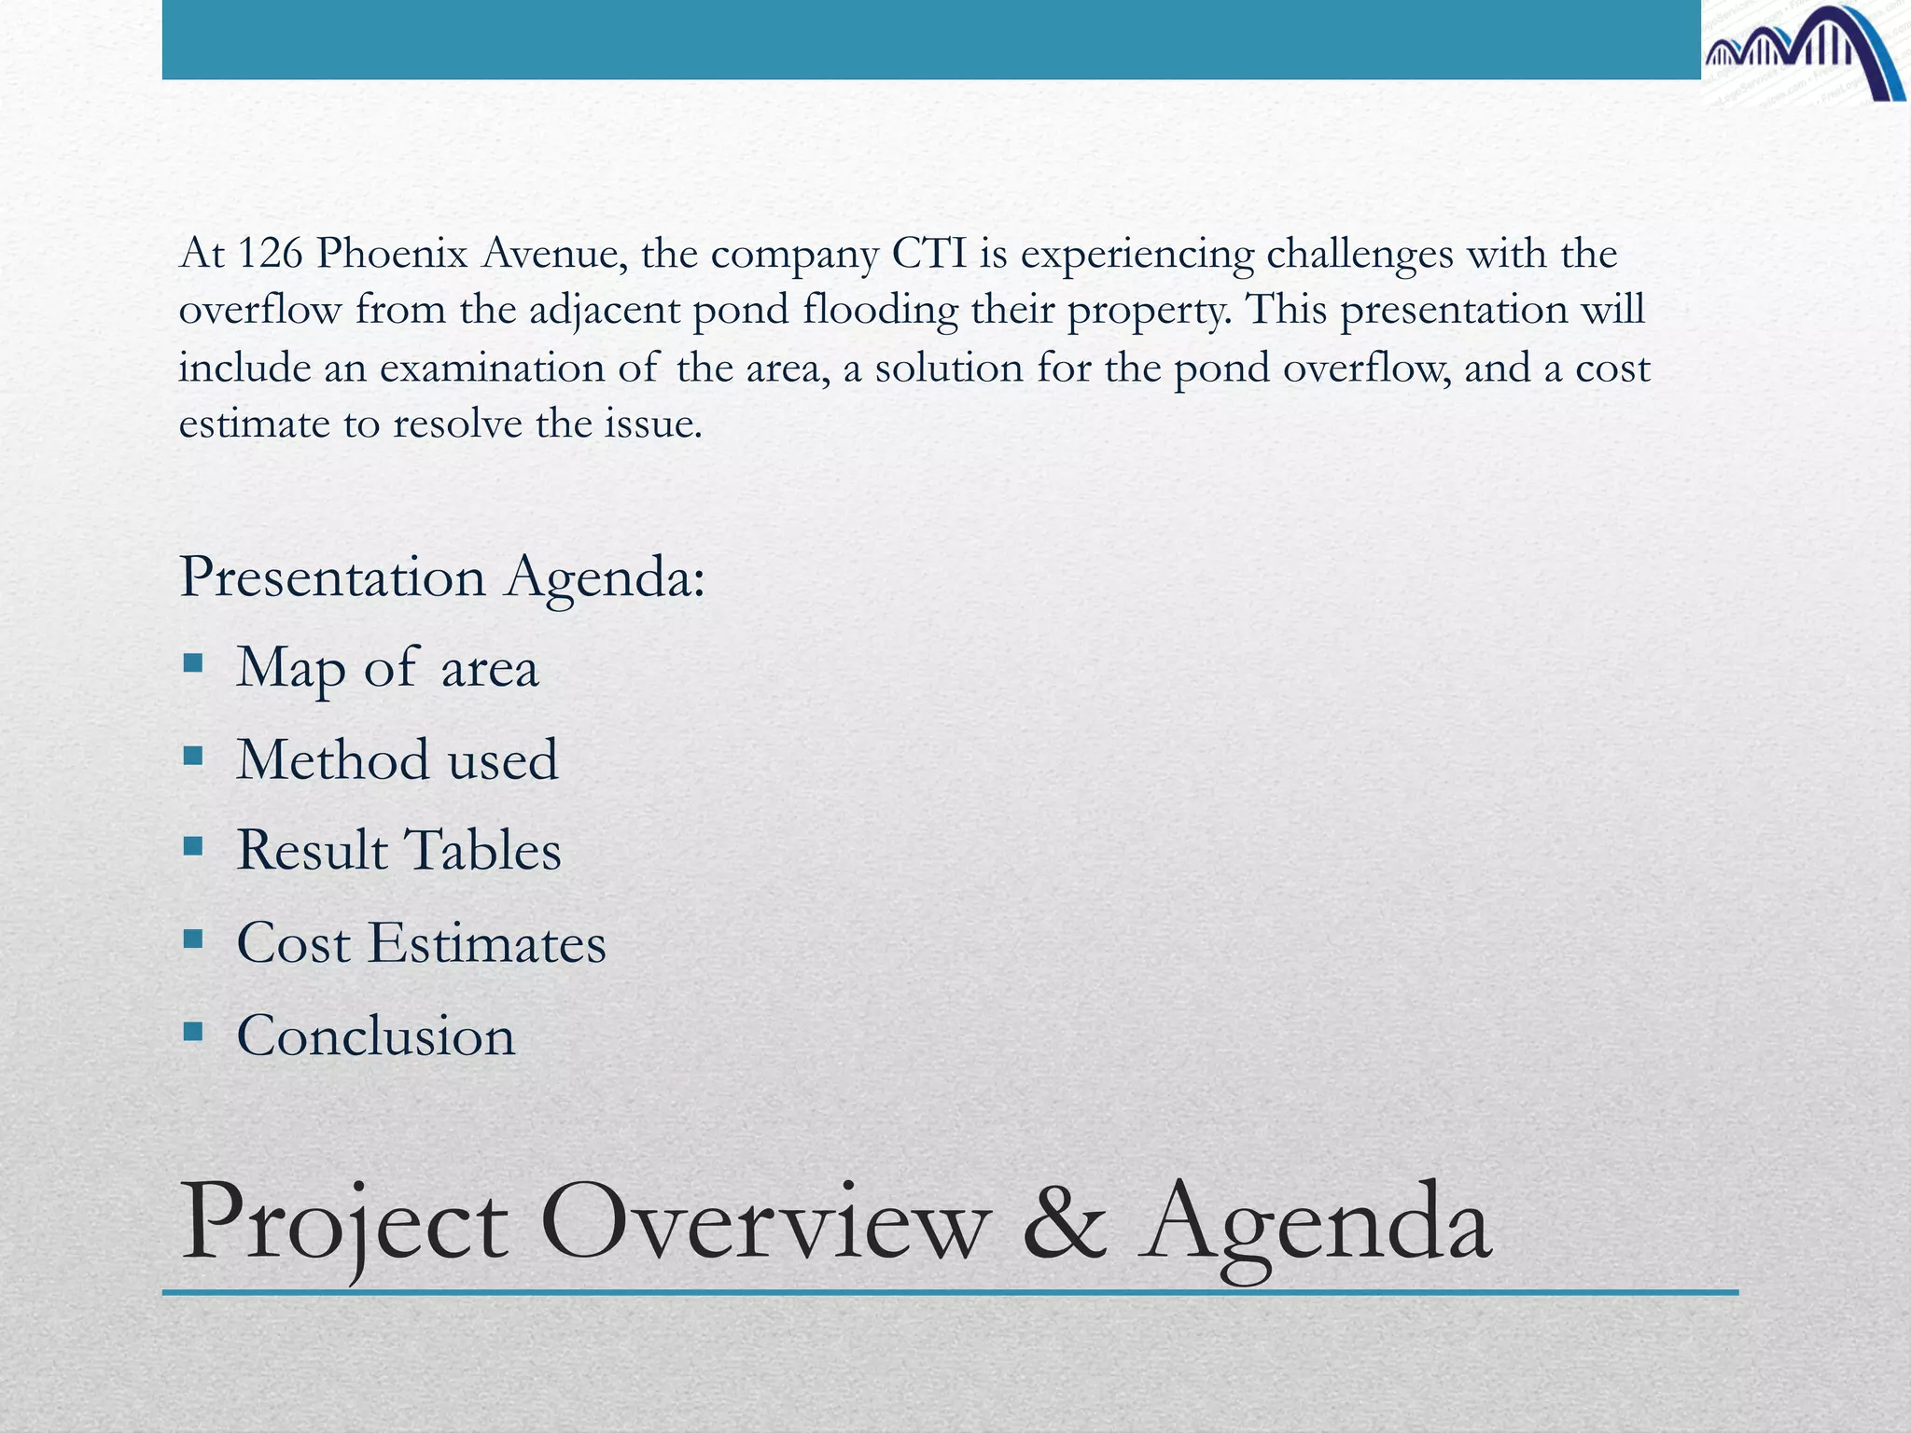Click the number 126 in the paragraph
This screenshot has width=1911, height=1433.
[x=270, y=254]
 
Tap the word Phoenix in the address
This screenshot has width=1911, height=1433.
[x=391, y=254]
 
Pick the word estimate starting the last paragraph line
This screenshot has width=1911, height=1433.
[x=255, y=424]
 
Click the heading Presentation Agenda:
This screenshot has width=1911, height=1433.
[x=442, y=577]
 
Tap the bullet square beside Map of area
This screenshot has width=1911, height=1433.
[x=193, y=664]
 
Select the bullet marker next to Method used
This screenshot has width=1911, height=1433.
[x=193, y=756]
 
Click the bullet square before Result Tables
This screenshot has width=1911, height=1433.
[x=193, y=847]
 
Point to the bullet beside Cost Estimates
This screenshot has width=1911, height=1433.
[x=193, y=939]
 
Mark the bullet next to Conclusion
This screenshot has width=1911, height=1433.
[x=193, y=1031]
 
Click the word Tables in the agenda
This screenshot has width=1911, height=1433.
[x=481, y=850]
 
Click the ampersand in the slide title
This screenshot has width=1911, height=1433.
[x=1065, y=1222]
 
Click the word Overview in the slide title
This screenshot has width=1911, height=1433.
[x=765, y=1222]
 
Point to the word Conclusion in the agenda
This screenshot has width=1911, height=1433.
[x=375, y=1036]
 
